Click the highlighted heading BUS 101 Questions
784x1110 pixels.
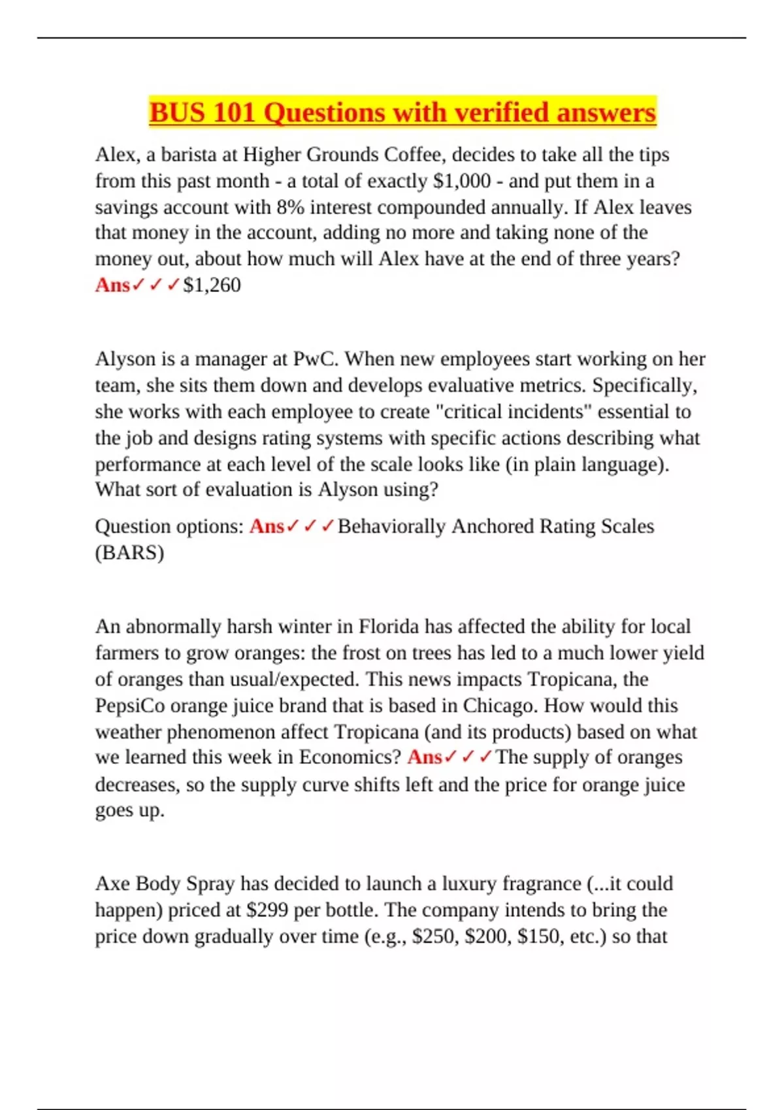click(x=402, y=112)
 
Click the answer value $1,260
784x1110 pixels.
click(x=212, y=285)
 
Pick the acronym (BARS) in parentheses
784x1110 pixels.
click(x=129, y=553)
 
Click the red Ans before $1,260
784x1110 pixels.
click(x=112, y=285)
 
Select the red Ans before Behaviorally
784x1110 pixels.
click(x=267, y=526)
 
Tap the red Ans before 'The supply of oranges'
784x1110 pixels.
click(x=425, y=757)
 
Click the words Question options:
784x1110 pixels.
click(x=169, y=526)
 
